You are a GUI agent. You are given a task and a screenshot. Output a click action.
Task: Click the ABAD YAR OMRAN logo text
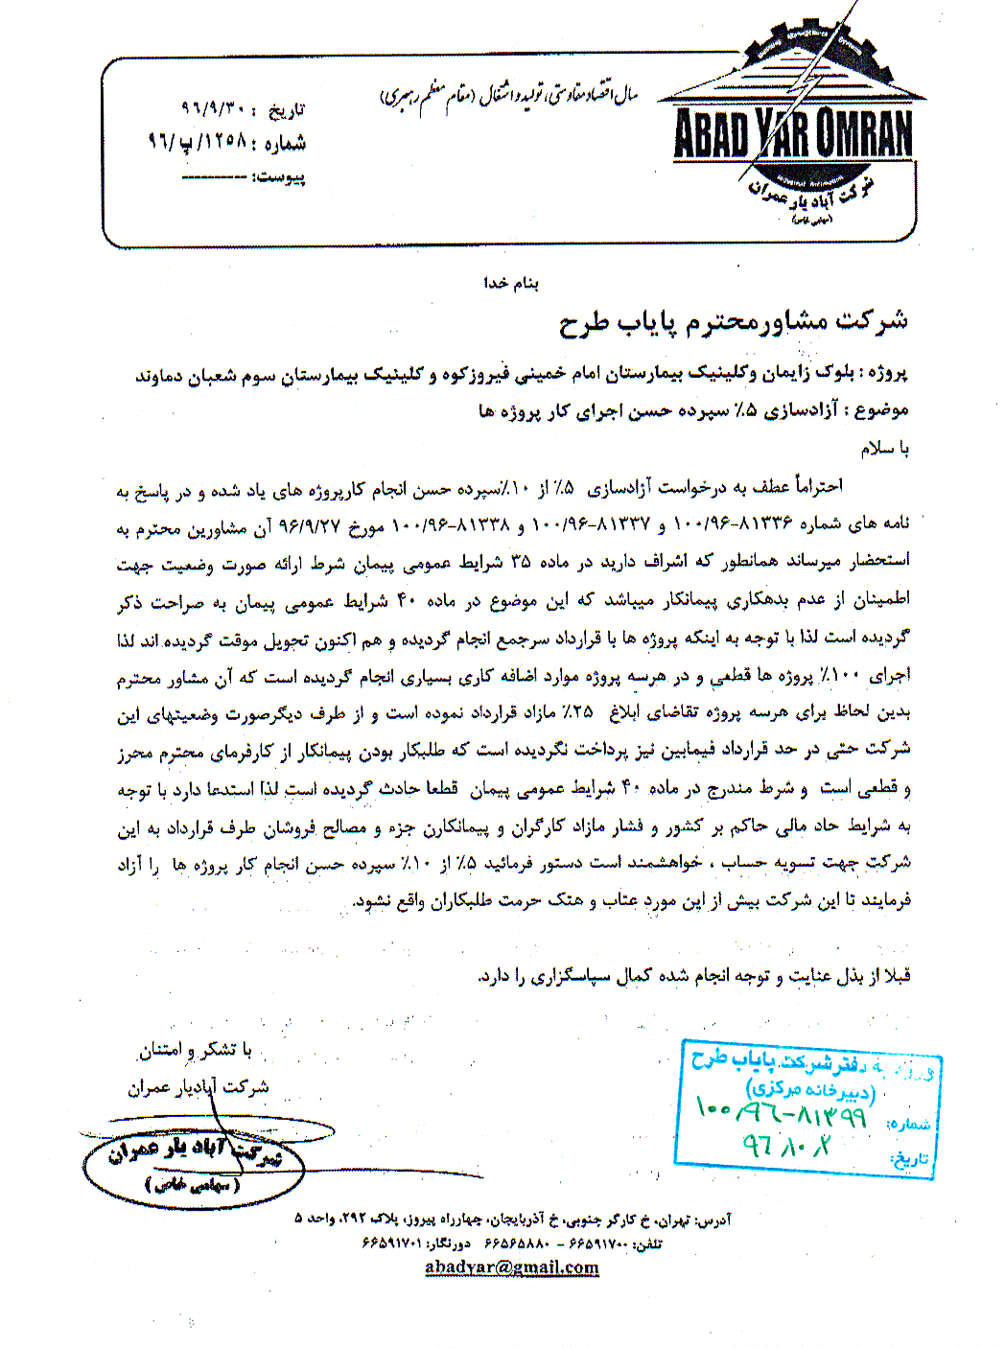tap(793, 135)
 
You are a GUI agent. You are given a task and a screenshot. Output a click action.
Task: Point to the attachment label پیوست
tap(281, 177)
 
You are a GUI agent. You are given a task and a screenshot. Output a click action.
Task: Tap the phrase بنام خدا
tap(511, 284)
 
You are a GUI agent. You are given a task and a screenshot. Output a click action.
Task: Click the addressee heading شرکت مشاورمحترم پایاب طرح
tap(734, 322)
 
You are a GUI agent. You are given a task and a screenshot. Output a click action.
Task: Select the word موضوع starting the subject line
tap(881, 411)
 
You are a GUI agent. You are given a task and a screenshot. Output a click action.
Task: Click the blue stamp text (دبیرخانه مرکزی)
tap(810, 1089)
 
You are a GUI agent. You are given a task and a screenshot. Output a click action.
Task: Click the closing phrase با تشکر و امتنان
tap(197, 1051)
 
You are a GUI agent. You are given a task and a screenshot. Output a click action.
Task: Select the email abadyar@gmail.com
tap(511, 1267)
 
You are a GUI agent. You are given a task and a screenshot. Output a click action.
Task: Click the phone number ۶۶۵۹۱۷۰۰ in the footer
tap(598, 1244)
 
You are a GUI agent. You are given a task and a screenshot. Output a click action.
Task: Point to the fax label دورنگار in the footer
tap(448, 1244)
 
